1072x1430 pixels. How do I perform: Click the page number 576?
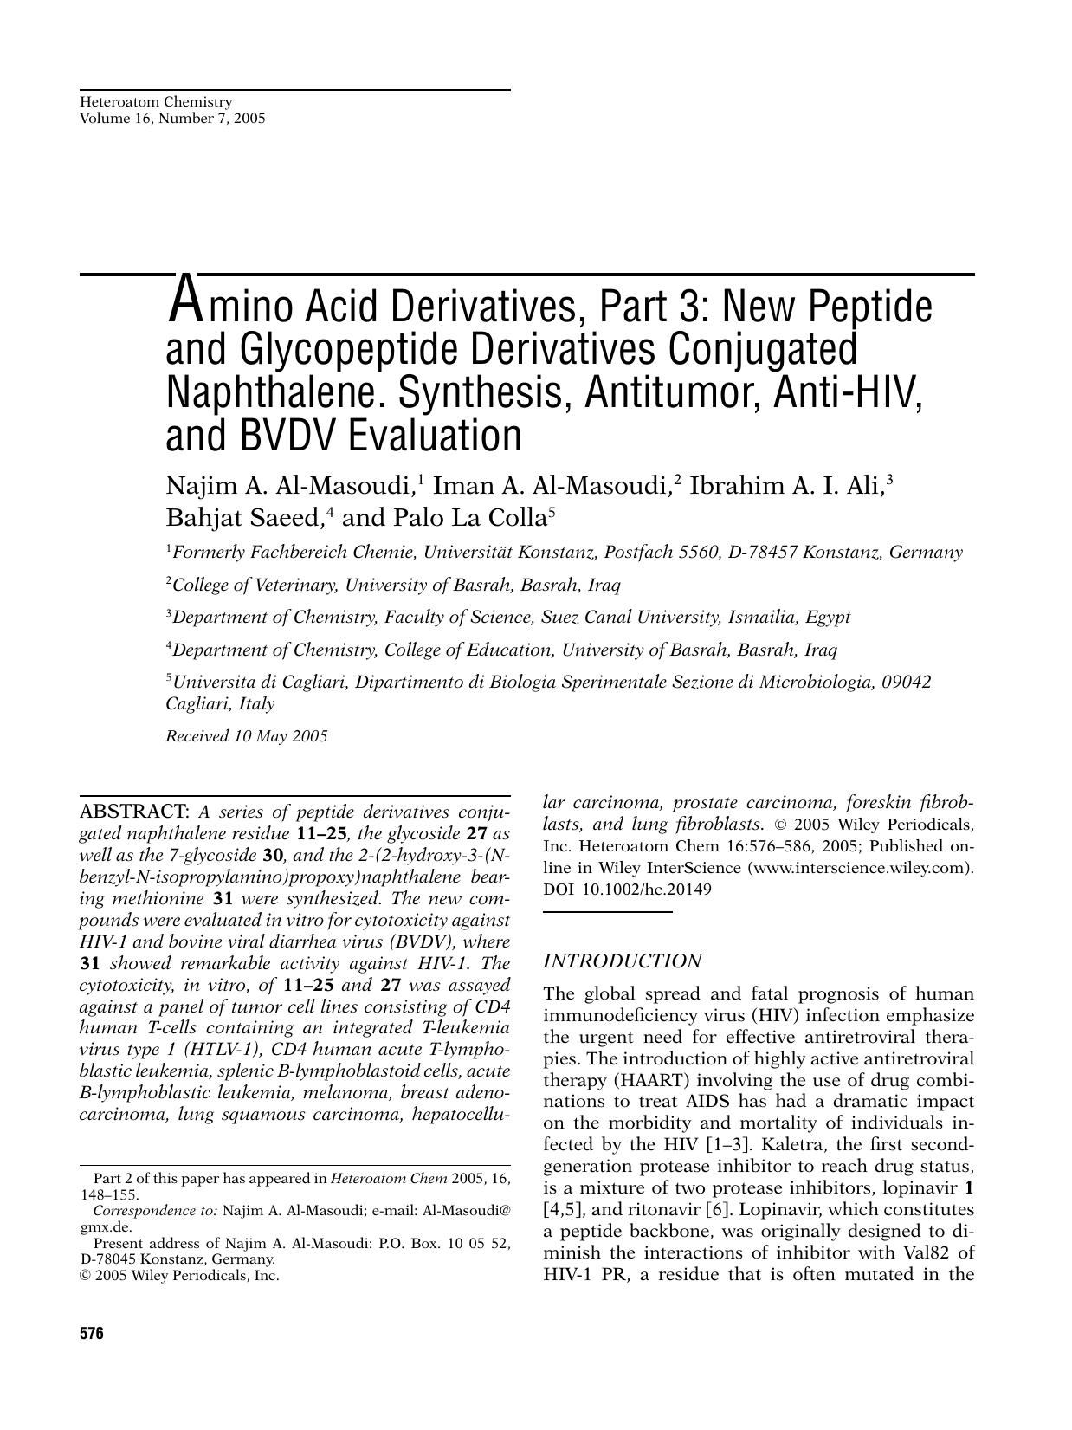point(91,1334)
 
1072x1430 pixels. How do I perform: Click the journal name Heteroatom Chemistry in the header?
point(156,102)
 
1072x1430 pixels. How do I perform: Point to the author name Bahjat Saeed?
point(243,518)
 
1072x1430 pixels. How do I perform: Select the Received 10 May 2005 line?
point(247,736)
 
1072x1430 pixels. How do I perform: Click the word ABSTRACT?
point(134,812)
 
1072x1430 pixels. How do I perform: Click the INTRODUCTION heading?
point(622,961)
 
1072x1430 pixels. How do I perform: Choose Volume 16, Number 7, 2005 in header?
point(172,119)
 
